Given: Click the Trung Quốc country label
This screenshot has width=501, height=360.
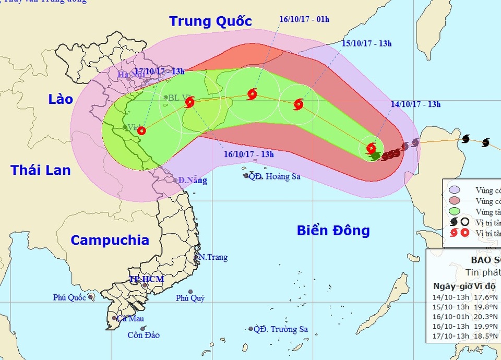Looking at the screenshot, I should pyautogui.click(x=210, y=21).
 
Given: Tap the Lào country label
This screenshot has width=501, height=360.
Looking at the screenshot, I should pyautogui.click(x=61, y=99).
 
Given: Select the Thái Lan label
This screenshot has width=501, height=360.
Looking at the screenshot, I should pyautogui.click(x=41, y=170).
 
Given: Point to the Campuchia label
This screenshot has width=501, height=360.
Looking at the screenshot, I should pyautogui.click(x=110, y=240).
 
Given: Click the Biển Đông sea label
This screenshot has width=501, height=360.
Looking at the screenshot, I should pyautogui.click(x=333, y=230).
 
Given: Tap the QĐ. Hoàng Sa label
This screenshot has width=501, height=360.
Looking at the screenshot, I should pyautogui.click(x=274, y=176).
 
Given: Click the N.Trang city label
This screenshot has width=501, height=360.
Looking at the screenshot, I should pyautogui.click(x=212, y=257).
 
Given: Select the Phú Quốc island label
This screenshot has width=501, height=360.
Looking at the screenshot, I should pyautogui.click(x=70, y=297).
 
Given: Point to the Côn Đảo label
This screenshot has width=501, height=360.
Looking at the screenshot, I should pyautogui.click(x=144, y=335).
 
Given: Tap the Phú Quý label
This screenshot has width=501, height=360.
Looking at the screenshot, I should pyautogui.click(x=190, y=298).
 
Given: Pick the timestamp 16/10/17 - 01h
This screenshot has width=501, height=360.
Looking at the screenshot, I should pyautogui.click(x=304, y=19).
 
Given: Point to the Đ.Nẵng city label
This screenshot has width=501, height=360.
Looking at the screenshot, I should pyautogui.click(x=192, y=181).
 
